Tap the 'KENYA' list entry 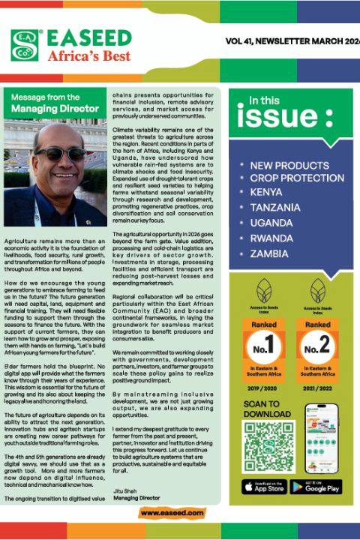click(268, 193)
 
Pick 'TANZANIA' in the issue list click(275, 208)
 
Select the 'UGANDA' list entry click(271, 223)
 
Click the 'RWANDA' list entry click(272, 238)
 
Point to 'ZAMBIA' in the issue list click(270, 253)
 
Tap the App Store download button click(264, 487)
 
